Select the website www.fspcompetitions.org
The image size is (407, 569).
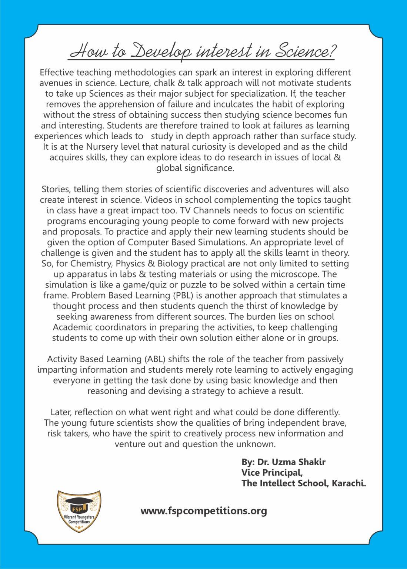click(204, 511)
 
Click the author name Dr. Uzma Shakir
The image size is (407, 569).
click(289, 462)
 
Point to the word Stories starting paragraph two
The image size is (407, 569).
click(56, 189)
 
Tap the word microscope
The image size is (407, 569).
click(301, 274)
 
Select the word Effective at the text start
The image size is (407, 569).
click(58, 72)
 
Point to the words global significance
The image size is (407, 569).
click(195, 168)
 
